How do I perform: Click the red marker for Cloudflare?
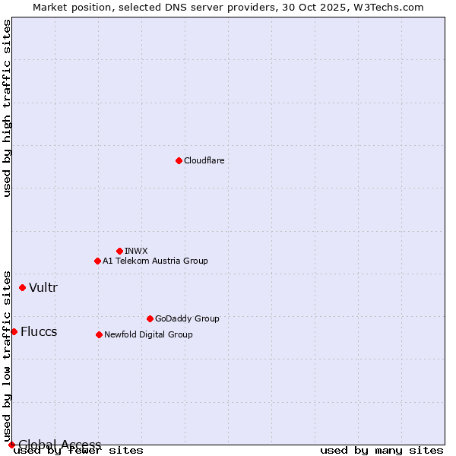(179, 160)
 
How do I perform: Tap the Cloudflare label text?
(204, 161)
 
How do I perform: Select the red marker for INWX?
(119, 251)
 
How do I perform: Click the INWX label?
(136, 251)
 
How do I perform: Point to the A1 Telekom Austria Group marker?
(97, 261)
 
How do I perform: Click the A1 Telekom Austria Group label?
(155, 261)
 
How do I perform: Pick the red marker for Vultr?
(22, 287)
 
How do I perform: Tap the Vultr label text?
(43, 287)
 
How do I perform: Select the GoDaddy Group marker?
(150, 318)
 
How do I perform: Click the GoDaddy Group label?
(187, 319)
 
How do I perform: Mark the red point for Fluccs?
(14, 331)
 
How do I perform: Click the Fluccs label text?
(39, 331)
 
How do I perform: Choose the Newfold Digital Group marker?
(99, 334)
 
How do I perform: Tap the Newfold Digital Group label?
(148, 334)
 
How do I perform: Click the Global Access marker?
(11, 445)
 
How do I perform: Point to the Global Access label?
(59, 445)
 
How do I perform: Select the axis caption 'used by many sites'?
(382, 451)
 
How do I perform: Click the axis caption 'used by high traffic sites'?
(8, 108)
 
